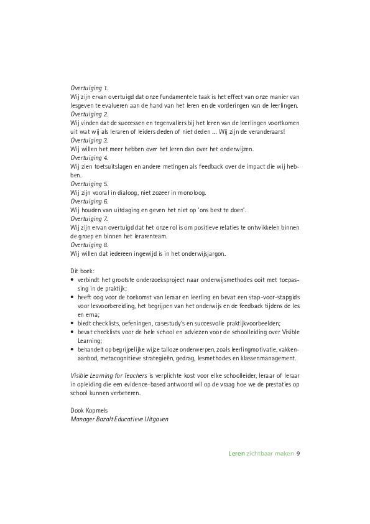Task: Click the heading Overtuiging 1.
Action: click(89, 88)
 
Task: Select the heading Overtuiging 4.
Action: click(89, 158)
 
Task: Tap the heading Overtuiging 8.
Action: click(89, 245)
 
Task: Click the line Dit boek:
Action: click(83, 271)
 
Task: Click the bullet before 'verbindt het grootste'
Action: click(72, 281)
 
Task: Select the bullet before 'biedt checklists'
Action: click(72, 324)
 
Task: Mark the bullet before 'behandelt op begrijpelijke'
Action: click(72, 350)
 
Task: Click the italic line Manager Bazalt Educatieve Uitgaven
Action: click(119, 419)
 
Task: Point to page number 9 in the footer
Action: click(298, 453)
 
